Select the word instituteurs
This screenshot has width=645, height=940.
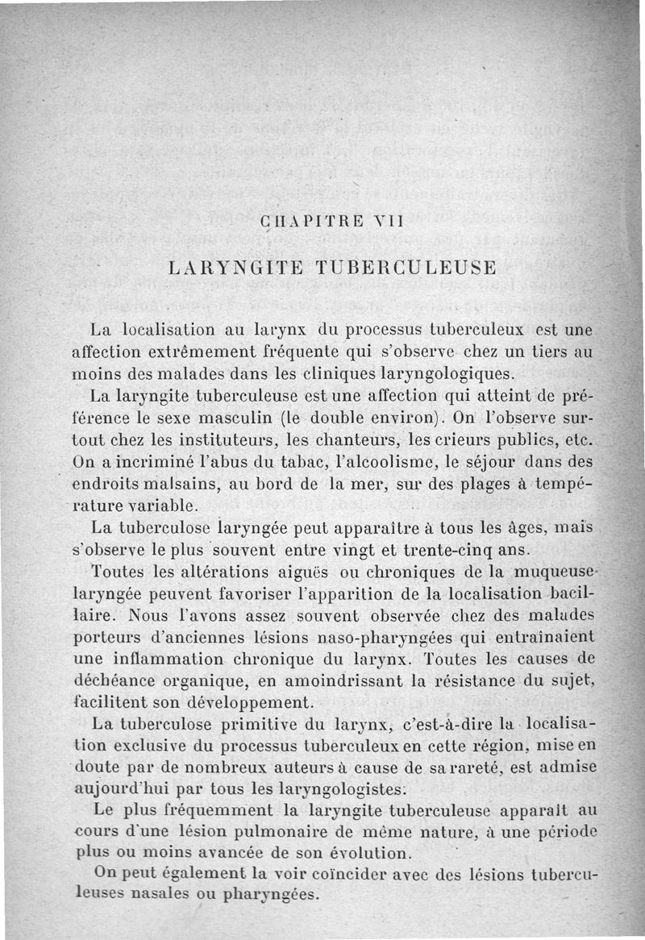click(223, 441)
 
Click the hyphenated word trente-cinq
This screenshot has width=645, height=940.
click(451, 551)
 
